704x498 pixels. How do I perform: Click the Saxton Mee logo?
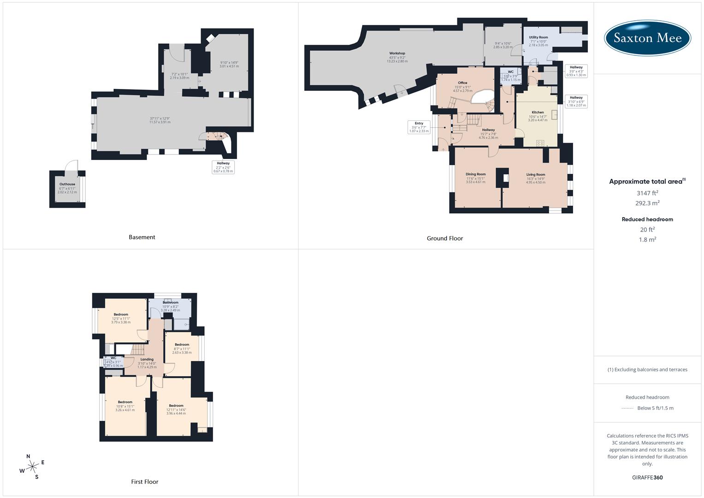click(647, 38)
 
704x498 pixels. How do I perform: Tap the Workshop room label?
click(397, 53)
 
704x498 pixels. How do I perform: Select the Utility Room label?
click(538, 37)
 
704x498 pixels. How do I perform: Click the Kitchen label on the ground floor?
click(538, 113)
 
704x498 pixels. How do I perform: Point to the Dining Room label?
click(475, 174)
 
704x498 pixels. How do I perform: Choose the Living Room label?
click(536, 175)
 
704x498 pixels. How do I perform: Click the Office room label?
click(462, 83)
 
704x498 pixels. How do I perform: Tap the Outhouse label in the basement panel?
click(67, 184)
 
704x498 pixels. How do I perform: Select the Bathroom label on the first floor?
click(170, 302)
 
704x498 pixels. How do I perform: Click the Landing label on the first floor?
click(147, 359)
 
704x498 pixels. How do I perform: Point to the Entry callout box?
click(419, 127)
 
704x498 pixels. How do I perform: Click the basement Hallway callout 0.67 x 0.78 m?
click(223, 167)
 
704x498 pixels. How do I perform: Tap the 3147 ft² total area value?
click(647, 193)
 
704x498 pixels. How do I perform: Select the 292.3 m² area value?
click(647, 203)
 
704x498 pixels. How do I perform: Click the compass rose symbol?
click(32, 467)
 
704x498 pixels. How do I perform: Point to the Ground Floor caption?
click(444, 238)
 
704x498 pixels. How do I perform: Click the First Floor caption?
click(144, 481)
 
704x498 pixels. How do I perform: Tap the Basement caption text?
click(142, 237)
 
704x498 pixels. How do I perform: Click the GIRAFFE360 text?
click(647, 477)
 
